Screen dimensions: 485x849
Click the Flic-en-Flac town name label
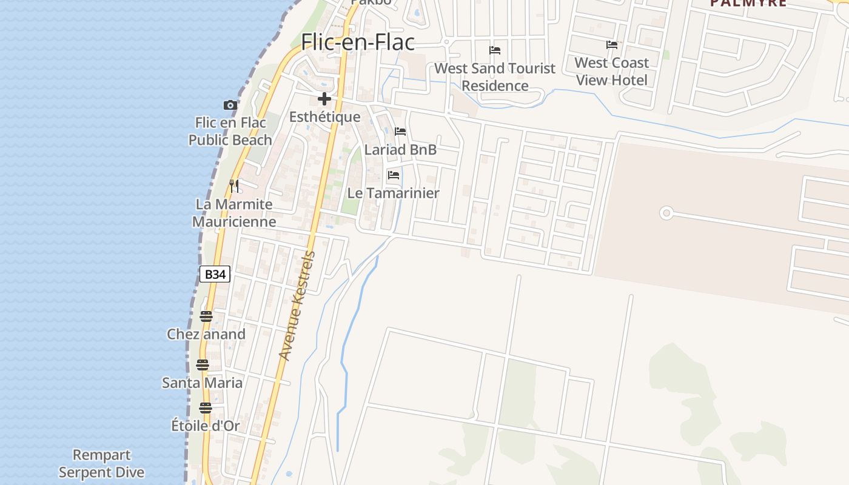(x=358, y=42)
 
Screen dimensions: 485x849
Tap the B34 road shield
(x=215, y=275)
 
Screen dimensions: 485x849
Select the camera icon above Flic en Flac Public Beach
(x=230, y=105)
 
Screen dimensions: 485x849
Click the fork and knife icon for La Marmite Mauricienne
(x=235, y=186)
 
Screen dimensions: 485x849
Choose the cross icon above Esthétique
(x=324, y=99)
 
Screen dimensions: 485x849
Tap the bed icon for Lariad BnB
(x=400, y=132)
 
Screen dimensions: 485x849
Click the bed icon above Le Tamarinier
(x=394, y=175)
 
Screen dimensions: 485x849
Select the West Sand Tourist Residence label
(x=495, y=77)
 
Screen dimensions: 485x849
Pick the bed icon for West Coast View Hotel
(x=612, y=45)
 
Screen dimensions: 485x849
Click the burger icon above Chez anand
(x=206, y=316)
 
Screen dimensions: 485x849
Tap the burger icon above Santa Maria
(x=203, y=365)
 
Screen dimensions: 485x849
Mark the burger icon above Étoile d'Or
(x=206, y=408)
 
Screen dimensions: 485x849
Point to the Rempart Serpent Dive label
(x=102, y=464)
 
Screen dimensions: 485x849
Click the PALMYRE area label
(x=748, y=3)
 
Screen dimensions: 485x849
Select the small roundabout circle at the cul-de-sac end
(x=666, y=213)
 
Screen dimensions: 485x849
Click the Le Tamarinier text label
(x=393, y=193)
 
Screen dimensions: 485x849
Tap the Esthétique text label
(x=324, y=117)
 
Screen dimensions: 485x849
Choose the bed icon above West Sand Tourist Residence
(x=495, y=50)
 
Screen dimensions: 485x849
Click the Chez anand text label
(x=206, y=334)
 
